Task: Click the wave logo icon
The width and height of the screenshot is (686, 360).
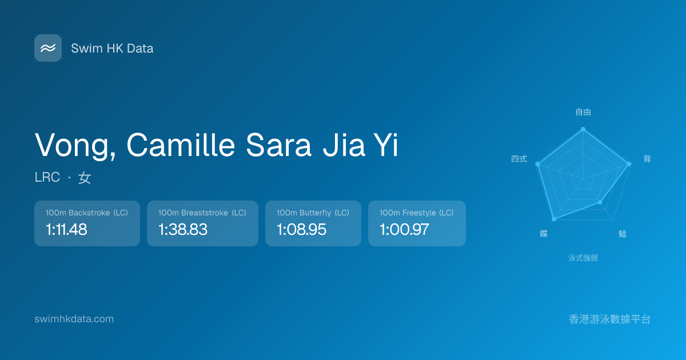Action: point(48,48)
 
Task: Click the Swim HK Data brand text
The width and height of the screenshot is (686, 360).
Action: point(112,49)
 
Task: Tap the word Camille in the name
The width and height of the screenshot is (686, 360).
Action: point(181,145)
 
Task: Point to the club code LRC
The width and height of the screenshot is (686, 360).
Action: point(47,177)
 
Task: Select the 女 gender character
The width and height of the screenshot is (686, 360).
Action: point(85,178)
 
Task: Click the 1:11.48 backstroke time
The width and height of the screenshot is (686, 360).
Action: point(66,229)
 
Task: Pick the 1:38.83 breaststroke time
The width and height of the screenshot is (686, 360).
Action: point(182,229)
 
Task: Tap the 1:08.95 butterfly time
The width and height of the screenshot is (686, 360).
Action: point(301,229)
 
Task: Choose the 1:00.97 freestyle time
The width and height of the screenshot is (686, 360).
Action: point(404,229)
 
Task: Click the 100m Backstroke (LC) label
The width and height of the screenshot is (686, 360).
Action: point(87,213)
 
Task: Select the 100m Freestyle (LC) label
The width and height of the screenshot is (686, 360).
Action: point(417,213)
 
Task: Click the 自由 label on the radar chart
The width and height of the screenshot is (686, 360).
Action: point(583,112)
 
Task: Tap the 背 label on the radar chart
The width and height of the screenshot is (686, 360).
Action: point(647,159)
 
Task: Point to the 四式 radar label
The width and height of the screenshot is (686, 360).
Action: point(519,159)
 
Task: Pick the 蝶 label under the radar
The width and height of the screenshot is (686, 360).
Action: point(544,234)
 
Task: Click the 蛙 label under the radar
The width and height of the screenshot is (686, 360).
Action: point(623,234)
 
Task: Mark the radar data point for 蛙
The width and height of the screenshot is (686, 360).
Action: point(600,202)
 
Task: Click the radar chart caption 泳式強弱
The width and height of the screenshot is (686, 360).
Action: point(583,258)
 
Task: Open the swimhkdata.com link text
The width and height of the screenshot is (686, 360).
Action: point(74,319)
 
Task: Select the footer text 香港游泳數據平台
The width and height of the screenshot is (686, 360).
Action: point(610,319)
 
